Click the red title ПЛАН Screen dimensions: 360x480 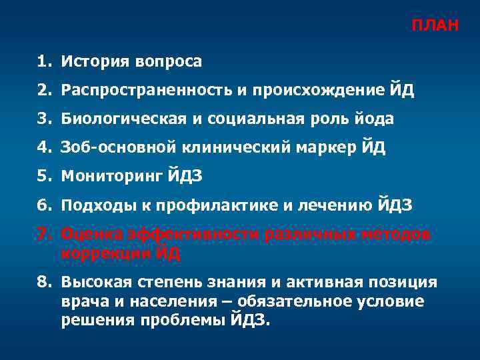pyautogui.click(x=434, y=26)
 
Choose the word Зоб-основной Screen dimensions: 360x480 pyautogui.click(x=113, y=148)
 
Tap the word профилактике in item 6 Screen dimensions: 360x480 pyautogui.click(x=223, y=206)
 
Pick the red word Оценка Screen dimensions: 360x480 pyautogui.click(x=87, y=235)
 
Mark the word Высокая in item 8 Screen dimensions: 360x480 pyautogui.click(x=93, y=283)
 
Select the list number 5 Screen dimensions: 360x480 pyautogui.click(x=43, y=177)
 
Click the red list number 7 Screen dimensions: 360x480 pyautogui.click(x=43, y=235)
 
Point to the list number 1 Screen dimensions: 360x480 pyautogui.click(x=43, y=62)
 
